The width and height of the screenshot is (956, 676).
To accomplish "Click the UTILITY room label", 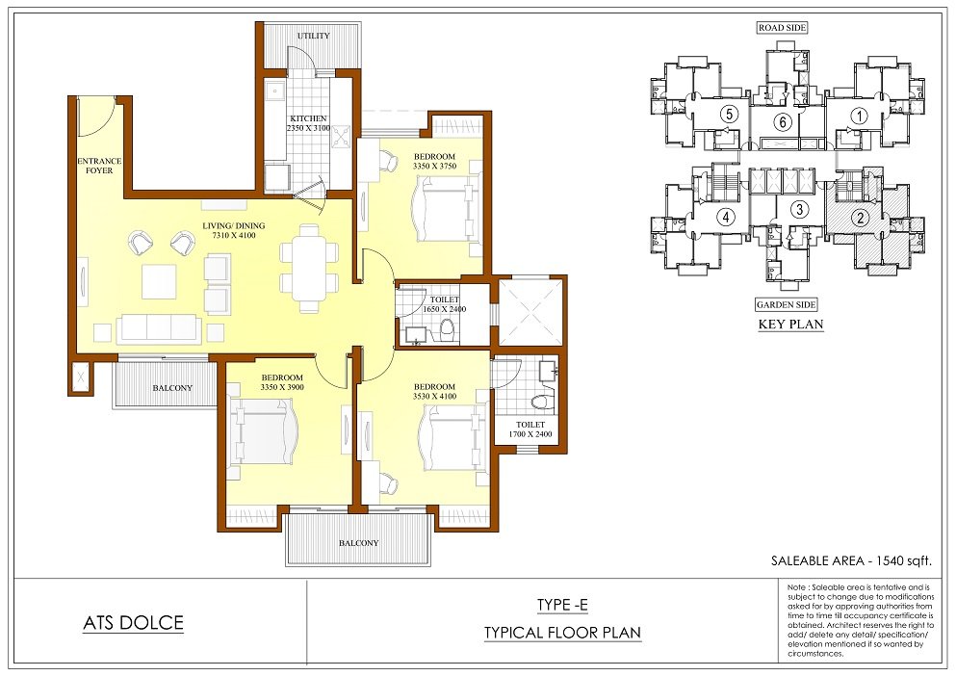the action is coord(314,36).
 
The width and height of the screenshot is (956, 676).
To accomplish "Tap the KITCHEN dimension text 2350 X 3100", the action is coord(308,128).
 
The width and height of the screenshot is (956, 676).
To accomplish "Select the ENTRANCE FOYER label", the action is coord(99,166).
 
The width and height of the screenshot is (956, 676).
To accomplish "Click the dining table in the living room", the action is coord(309,269).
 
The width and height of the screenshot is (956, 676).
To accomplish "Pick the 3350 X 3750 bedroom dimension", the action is coord(435,166).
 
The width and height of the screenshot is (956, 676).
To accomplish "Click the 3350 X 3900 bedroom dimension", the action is coord(282,387).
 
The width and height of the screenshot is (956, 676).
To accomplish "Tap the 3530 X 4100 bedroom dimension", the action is coord(435,397).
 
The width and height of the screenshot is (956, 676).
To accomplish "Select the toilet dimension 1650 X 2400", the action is coord(445,309).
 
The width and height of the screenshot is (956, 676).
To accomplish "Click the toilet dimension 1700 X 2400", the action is coord(530,434).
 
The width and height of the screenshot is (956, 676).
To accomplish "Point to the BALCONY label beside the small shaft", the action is coord(172,388).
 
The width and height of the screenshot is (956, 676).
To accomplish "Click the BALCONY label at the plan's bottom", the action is coord(358,543).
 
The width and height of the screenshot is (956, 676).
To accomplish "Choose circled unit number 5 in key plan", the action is coord(729,114).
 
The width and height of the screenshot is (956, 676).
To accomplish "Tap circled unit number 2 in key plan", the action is coord(861,218).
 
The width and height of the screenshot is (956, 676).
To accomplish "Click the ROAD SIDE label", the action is coord(783,28).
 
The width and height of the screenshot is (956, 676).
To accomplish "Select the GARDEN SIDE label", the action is coord(786,305).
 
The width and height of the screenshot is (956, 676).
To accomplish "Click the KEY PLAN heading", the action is coord(790,324).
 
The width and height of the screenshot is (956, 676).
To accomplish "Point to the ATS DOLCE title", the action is coord(133,623).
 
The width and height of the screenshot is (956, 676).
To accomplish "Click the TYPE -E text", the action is coord(562,606).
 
